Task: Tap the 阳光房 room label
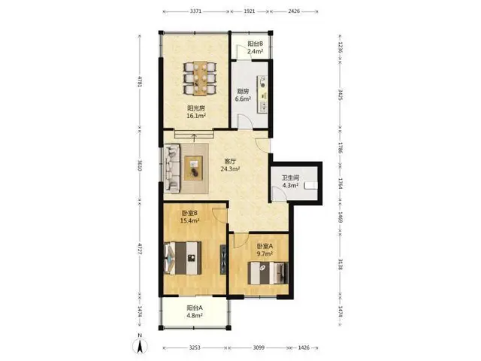(196, 108)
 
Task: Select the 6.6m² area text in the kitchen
(243, 99)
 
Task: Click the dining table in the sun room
(200, 77)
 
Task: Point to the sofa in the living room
(172, 168)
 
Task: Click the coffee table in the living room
(194, 168)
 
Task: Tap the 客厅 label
(230, 161)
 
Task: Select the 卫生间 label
(291, 177)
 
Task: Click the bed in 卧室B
(183, 258)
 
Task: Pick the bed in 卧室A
(268, 273)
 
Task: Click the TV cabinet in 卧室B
(223, 259)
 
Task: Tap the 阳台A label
(195, 308)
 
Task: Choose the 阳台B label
(256, 44)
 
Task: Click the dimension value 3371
(195, 11)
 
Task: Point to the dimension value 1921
(249, 11)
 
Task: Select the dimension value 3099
(259, 347)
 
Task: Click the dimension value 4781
(140, 82)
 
